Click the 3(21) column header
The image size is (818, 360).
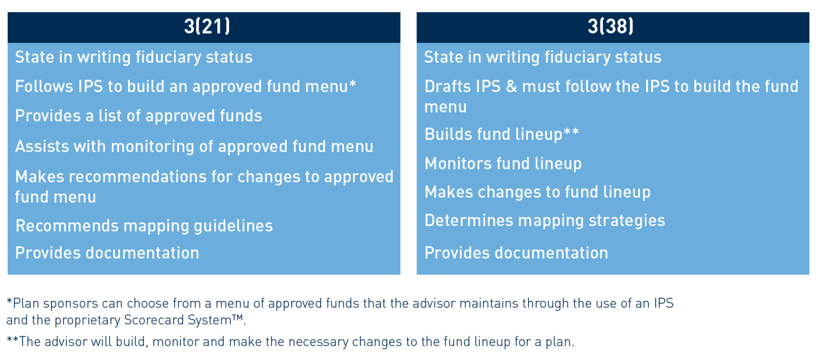click(x=207, y=26)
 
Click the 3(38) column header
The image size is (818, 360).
click(x=610, y=26)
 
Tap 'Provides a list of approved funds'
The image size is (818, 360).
click(x=139, y=116)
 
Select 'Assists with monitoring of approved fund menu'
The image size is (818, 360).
click(x=194, y=146)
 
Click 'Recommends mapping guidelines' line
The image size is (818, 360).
click(x=144, y=226)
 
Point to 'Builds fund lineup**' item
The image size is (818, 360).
click(x=502, y=135)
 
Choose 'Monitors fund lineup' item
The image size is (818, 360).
click(x=503, y=164)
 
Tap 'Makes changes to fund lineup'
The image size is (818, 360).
click(x=538, y=192)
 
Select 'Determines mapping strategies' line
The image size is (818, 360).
click(x=545, y=220)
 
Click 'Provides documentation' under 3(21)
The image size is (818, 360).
click(x=107, y=253)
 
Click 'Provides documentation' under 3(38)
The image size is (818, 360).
click(x=516, y=253)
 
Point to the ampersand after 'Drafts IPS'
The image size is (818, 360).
click(x=511, y=86)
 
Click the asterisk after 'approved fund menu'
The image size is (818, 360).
click(x=353, y=83)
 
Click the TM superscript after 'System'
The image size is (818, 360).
click(x=238, y=317)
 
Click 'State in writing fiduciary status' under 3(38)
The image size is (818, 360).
click(x=543, y=57)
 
